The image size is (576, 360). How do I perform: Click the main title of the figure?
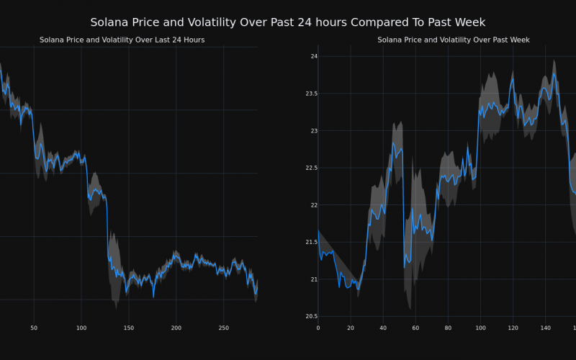[x=288, y=22]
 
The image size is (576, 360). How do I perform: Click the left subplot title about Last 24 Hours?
[x=122, y=40]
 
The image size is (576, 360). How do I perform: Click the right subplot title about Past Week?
[x=453, y=40]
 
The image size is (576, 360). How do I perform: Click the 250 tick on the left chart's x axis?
[x=223, y=328]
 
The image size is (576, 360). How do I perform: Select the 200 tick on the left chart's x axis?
[x=176, y=328]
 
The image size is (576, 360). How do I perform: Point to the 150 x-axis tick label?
[x=128, y=328]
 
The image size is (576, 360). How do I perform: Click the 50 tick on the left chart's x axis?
[x=34, y=328]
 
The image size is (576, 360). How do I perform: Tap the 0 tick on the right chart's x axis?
[x=318, y=328]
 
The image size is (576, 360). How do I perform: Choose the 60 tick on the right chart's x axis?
[x=415, y=328]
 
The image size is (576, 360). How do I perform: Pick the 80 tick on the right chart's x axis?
[x=448, y=328]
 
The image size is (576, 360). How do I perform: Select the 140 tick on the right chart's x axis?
[x=545, y=328]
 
